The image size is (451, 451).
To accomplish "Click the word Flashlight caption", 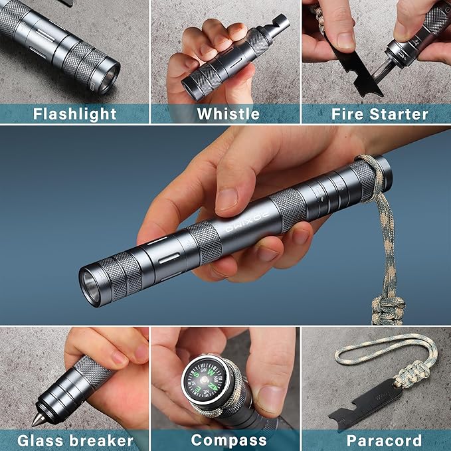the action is click(74, 114).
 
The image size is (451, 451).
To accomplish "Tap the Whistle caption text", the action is click(228, 114).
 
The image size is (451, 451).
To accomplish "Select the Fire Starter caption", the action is click(380, 114).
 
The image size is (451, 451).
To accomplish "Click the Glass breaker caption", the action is click(75, 440).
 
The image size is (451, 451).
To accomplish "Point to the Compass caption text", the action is click(229, 440).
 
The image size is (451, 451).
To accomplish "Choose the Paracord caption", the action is click(385, 440).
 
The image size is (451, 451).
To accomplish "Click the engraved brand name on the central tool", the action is click(247, 223).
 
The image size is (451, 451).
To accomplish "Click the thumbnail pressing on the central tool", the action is click(227, 198).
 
